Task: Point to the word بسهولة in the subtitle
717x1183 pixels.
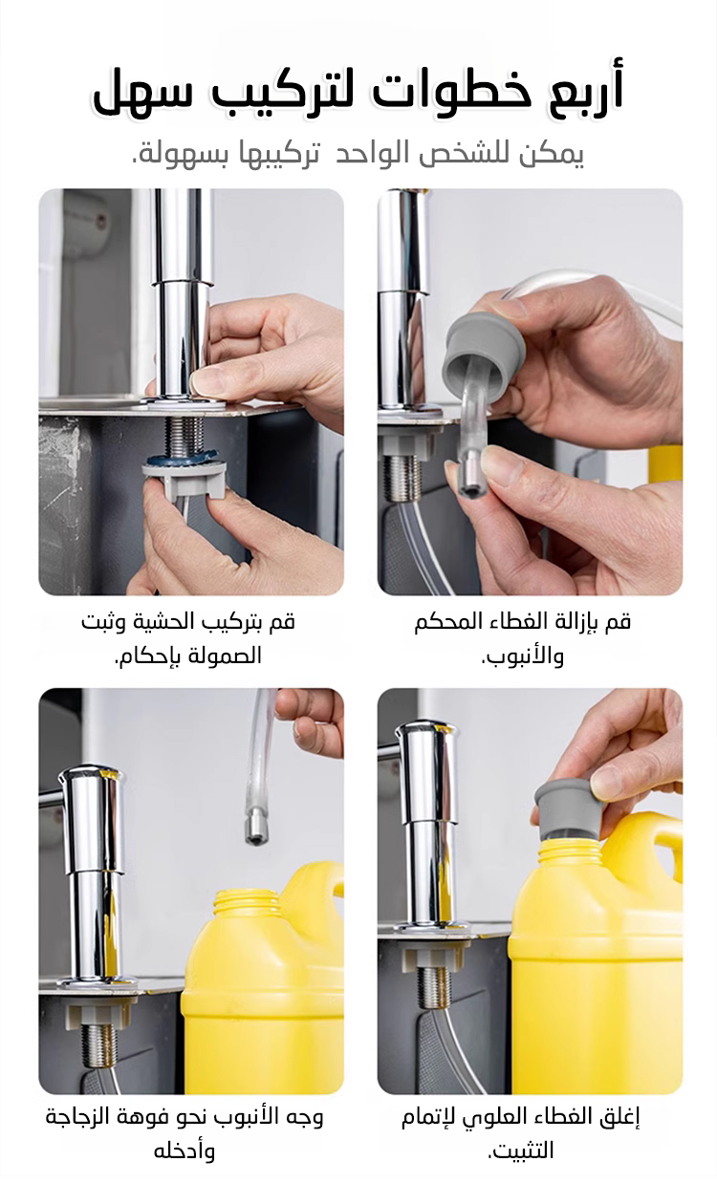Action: tap(183, 154)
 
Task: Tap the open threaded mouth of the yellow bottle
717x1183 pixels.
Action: tap(245, 910)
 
